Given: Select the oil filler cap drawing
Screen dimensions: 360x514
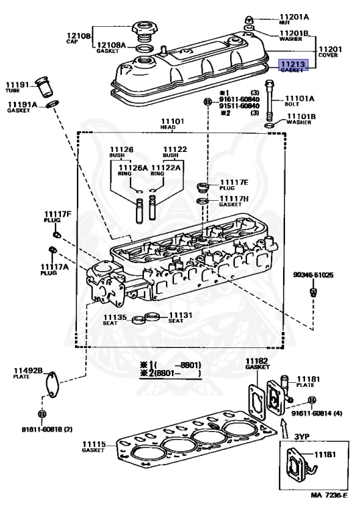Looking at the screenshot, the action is (x=143, y=31).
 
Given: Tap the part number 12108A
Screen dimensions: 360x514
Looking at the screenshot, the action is (x=112, y=45).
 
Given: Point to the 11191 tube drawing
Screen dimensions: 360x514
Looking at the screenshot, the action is (x=44, y=86).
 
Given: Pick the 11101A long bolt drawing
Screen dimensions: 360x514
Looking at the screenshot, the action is (x=269, y=100).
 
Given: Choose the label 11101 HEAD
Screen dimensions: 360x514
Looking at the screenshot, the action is (x=172, y=124).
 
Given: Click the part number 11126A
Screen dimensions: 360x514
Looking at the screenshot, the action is (x=132, y=167).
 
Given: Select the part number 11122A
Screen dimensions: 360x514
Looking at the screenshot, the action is (x=166, y=167).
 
